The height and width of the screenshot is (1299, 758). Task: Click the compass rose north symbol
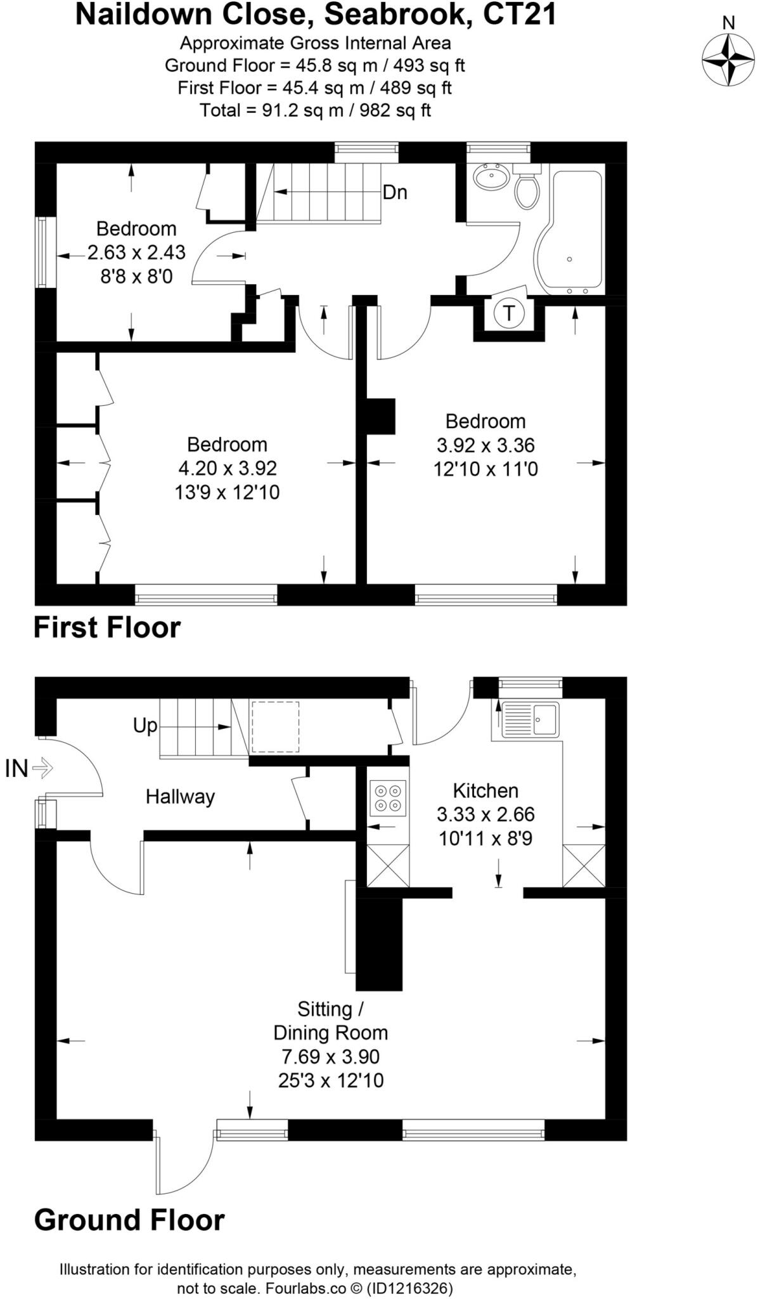click(728, 59)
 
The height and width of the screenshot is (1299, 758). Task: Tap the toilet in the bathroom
click(526, 188)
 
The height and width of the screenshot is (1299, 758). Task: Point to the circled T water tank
click(508, 313)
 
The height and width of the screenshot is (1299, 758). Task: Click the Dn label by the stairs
click(394, 192)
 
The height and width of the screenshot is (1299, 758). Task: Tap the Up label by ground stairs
click(145, 725)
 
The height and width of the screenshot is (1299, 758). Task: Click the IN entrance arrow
click(42, 768)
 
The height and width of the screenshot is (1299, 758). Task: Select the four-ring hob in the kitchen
click(389, 798)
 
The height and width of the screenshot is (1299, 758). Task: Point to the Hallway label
click(180, 797)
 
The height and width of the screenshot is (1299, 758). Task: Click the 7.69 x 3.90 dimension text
click(330, 1057)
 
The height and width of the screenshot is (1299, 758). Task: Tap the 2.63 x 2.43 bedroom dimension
click(136, 252)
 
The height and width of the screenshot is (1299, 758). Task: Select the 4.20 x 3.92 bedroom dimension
click(227, 468)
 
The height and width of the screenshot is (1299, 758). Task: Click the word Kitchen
click(485, 790)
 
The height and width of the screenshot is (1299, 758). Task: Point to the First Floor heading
click(107, 627)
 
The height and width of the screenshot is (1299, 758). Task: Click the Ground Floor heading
click(129, 1220)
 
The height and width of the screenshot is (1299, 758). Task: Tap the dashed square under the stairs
click(275, 727)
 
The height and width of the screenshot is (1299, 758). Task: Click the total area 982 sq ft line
click(315, 110)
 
